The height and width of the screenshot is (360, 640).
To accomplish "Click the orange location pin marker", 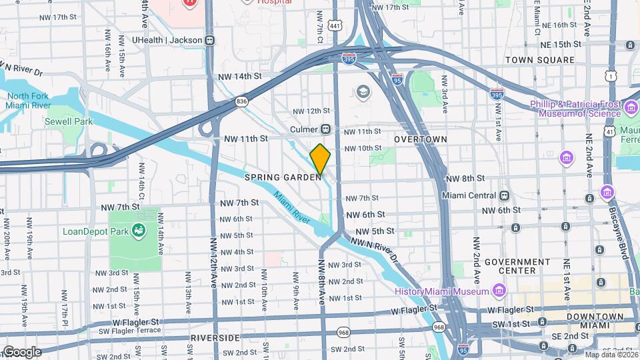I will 320,159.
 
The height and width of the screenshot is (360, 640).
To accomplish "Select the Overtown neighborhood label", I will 420,139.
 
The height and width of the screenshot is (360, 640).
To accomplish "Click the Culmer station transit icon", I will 326,129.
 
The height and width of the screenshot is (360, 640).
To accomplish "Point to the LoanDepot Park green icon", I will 139,231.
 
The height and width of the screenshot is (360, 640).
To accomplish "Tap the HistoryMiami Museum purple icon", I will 498,291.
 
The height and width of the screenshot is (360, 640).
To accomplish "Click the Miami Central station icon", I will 505,195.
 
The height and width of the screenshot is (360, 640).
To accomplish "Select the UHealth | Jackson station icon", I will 210,40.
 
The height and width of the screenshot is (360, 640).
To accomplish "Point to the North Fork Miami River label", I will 29,101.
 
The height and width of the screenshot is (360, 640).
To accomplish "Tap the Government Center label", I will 519,266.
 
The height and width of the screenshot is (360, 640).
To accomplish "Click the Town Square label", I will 539,60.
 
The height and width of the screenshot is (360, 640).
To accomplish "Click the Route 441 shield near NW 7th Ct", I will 335,25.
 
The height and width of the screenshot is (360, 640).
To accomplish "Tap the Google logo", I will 21,351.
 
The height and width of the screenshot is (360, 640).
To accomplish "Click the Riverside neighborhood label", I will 215,338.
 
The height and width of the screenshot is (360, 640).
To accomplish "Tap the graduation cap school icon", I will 363,91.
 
